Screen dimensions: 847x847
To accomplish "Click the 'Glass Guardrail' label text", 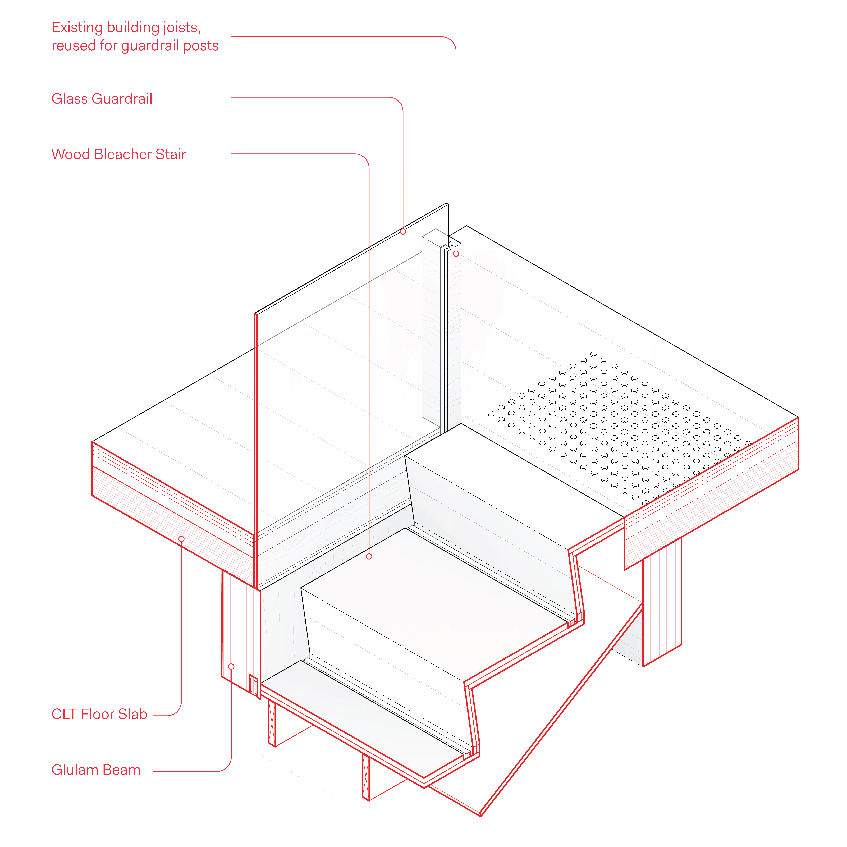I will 102,99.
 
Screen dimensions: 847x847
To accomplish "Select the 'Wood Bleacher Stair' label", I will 119,154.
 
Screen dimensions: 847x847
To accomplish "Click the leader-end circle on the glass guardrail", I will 403,231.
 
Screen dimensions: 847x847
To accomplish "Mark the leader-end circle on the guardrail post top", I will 456,254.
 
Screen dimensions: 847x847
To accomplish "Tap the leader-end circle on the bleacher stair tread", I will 369,556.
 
